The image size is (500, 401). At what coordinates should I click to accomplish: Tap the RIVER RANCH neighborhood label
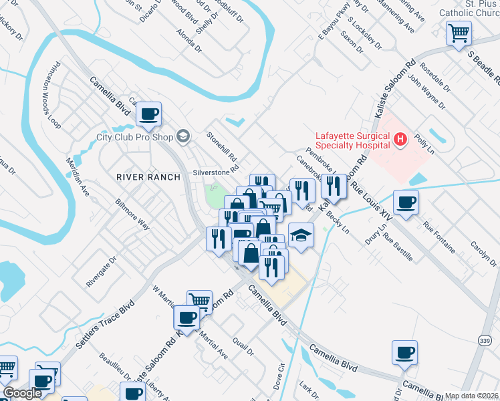148,177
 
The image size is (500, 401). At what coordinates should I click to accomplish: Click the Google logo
22,393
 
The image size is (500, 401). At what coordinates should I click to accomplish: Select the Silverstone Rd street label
216,171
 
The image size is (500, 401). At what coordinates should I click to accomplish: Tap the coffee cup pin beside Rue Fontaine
405,203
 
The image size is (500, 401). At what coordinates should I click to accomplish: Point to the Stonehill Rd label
222,145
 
